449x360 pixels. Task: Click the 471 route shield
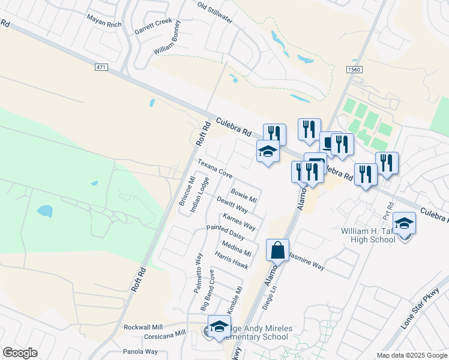click(x=101, y=68)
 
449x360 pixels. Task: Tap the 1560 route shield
click(x=354, y=70)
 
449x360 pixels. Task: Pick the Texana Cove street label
click(x=215, y=169)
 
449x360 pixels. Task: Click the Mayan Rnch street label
click(x=104, y=24)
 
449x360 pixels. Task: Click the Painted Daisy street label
click(x=225, y=232)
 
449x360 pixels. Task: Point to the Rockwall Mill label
click(x=143, y=327)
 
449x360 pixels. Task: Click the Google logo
click(x=20, y=353)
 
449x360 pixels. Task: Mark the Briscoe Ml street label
click(x=184, y=191)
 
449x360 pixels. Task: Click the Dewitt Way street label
click(x=232, y=205)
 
